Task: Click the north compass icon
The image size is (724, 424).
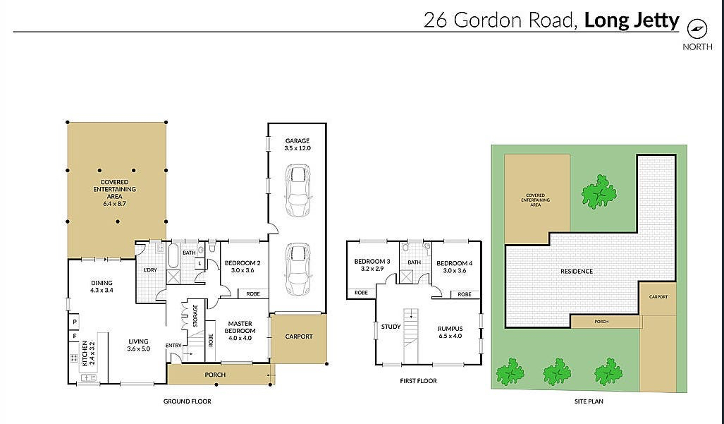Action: pos(697,29)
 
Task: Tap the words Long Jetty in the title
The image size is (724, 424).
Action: pos(632,20)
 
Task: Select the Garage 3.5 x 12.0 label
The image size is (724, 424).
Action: pos(297,145)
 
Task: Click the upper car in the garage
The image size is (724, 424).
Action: pos(297,190)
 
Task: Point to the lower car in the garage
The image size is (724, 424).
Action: pos(297,269)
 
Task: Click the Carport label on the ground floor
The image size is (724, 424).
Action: pos(299,337)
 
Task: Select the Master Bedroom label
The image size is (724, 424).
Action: pos(240,331)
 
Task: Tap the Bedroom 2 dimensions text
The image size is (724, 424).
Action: pos(243,270)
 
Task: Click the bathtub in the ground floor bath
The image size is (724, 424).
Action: pos(173,255)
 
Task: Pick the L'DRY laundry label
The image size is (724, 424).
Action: pos(151,269)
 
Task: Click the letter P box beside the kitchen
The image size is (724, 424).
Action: pos(75,321)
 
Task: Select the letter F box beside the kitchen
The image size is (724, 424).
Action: pos(75,337)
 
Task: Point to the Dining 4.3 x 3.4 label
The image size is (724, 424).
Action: pos(102,286)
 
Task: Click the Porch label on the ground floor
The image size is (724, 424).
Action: pos(215,375)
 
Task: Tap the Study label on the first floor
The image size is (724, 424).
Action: pos(391,327)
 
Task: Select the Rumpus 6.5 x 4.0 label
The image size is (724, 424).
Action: pos(450,332)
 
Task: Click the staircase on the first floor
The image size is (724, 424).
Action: pos(411,335)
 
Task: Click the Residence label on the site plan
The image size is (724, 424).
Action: pos(577,271)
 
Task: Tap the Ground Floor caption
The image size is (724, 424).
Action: pos(187,401)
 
